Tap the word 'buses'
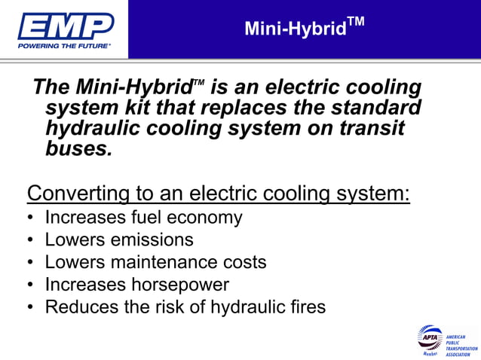point(77,148)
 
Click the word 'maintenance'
point(161,263)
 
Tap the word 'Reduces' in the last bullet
point(76,307)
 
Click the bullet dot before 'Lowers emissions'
point(29,241)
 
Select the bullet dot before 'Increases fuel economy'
point(29,218)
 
